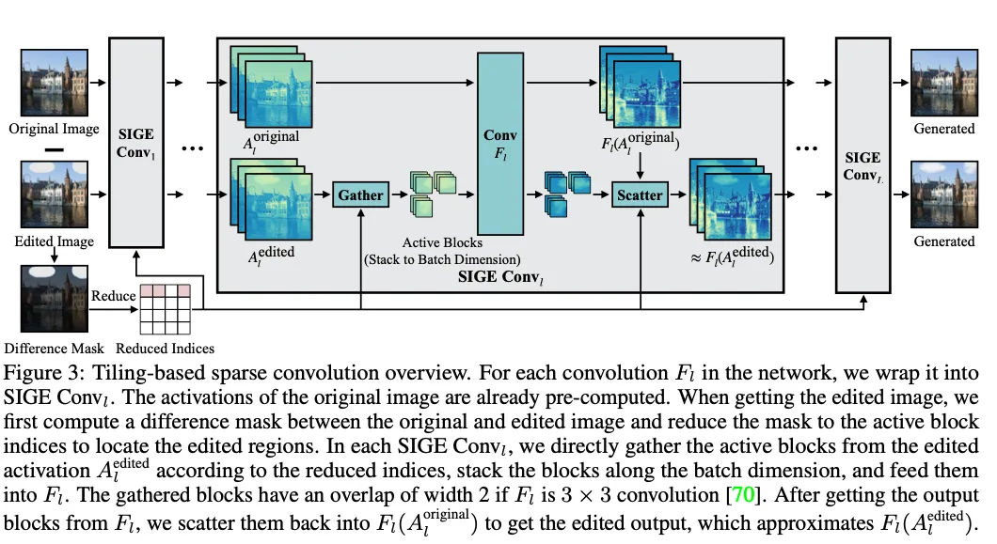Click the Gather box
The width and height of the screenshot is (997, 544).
360,194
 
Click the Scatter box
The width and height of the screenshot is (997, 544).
640,194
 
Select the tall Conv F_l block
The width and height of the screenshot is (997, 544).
500,144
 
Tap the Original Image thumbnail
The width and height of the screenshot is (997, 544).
54,83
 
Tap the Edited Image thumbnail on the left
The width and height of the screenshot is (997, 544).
54,194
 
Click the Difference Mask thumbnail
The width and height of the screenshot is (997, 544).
54,299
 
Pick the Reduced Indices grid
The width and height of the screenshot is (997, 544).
166,309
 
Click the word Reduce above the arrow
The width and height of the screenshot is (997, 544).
113,296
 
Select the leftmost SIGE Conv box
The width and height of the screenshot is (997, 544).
136,143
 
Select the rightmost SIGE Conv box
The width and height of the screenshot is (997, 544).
862,165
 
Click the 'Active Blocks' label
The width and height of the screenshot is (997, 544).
442,242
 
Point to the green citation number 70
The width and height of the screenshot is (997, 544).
743,494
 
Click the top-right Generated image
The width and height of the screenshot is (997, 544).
944,83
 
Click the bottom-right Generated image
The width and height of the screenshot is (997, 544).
944,194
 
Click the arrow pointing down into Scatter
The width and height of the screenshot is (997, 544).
640,166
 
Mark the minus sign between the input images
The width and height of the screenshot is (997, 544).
54,150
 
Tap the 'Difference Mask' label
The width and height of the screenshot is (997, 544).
54,349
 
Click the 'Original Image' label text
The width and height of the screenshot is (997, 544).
54,129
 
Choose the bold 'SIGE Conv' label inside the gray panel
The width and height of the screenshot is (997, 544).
500,277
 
